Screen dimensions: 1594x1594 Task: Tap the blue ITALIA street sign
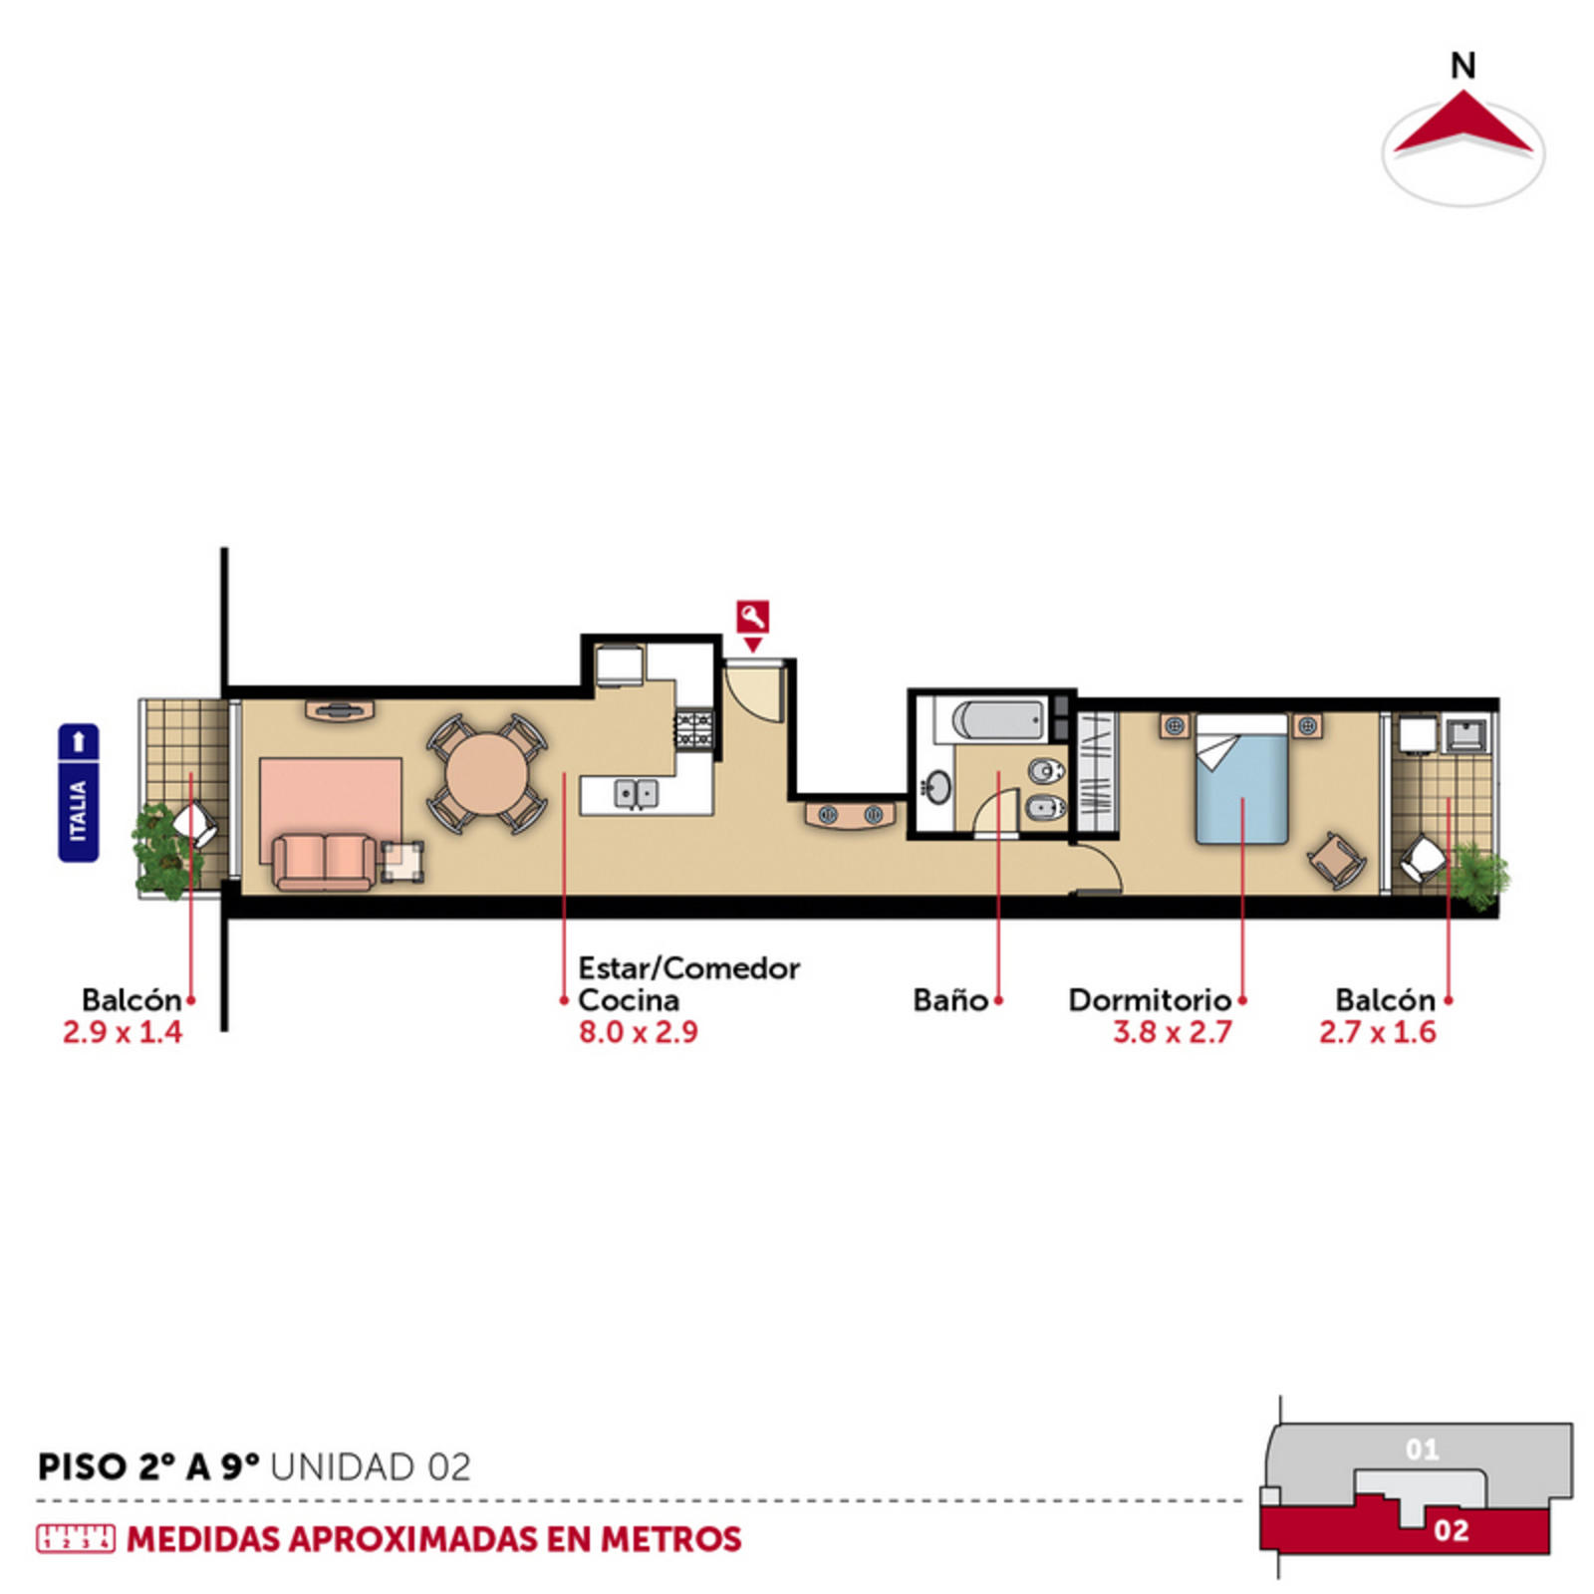click(x=79, y=792)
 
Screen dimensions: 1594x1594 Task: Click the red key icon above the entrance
click(x=753, y=617)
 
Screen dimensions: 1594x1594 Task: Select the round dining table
click(x=486, y=774)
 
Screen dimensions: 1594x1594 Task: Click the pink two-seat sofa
click(x=325, y=861)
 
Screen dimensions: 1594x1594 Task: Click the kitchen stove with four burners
click(x=694, y=728)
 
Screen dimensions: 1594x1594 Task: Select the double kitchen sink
click(x=636, y=793)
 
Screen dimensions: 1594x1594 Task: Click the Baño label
click(x=950, y=999)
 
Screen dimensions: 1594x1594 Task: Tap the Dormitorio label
click(x=1150, y=999)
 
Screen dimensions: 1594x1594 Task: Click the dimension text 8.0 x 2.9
click(x=639, y=1031)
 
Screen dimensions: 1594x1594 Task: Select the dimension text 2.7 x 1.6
click(x=1378, y=1031)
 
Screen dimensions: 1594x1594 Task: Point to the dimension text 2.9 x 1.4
click(x=123, y=1031)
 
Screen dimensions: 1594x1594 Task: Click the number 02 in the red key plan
click(x=1451, y=1529)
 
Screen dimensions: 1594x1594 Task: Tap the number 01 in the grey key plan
click(x=1422, y=1449)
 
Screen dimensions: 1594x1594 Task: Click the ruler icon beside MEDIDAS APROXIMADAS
click(x=76, y=1538)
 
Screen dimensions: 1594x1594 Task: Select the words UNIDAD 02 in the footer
click(x=370, y=1466)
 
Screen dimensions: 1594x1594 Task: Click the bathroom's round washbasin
click(x=936, y=786)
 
